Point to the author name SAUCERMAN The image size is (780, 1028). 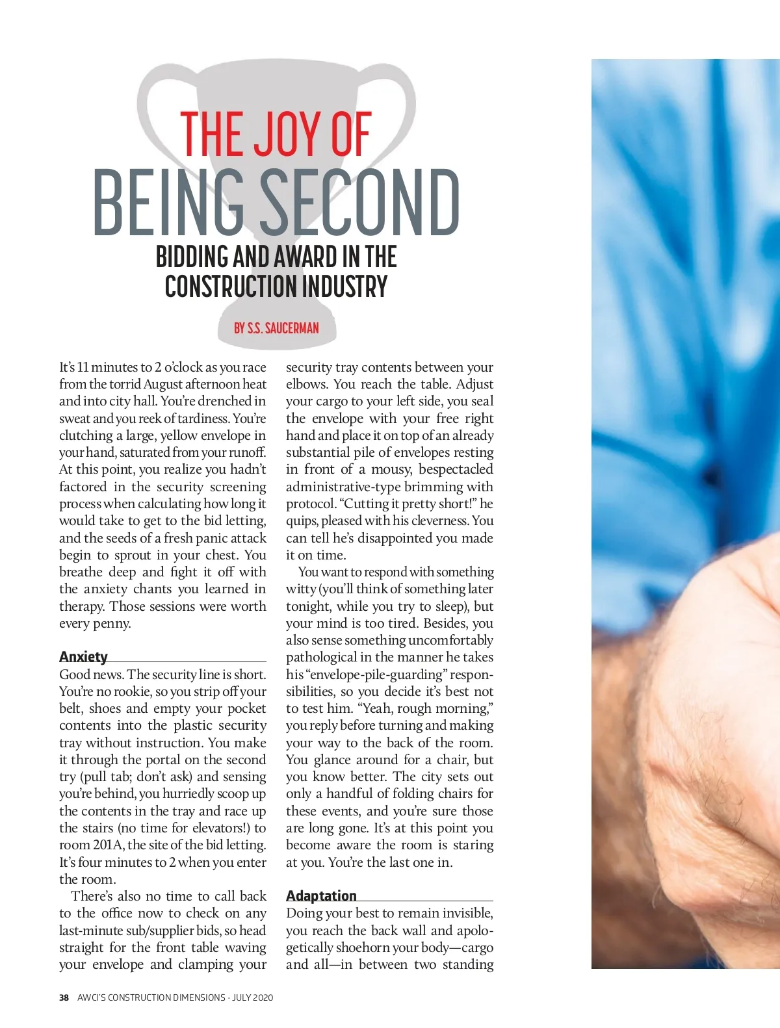pyautogui.click(x=292, y=328)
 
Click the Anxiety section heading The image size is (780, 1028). pyautogui.click(x=83, y=656)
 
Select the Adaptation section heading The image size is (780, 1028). pyautogui.click(x=321, y=896)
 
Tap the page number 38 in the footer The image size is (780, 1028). pyautogui.click(x=64, y=997)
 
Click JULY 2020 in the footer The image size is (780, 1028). pyautogui.click(x=253, y=997)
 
